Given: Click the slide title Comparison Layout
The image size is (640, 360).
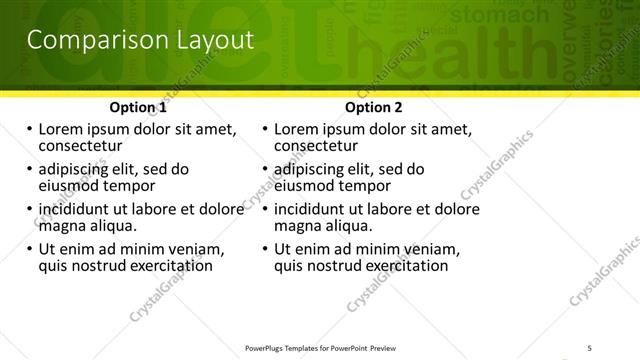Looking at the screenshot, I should click(x=139, y=41).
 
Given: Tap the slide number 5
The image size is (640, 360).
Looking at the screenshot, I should click(x=590, y=347).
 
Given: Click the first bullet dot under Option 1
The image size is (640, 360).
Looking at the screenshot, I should click(x=29, y=130).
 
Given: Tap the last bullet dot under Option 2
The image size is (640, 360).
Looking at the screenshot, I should click(x=265, y=249).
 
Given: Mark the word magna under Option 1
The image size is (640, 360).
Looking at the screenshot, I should click(x=60, y=226).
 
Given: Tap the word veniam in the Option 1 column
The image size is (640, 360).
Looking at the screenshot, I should click(x=196, y=249).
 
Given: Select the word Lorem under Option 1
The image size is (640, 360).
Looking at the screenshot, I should click(x=61, y=130).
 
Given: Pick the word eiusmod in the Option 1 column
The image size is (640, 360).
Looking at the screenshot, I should click(x=71, y=186).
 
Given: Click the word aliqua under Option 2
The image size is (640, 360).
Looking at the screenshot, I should click(x=348, y=226).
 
